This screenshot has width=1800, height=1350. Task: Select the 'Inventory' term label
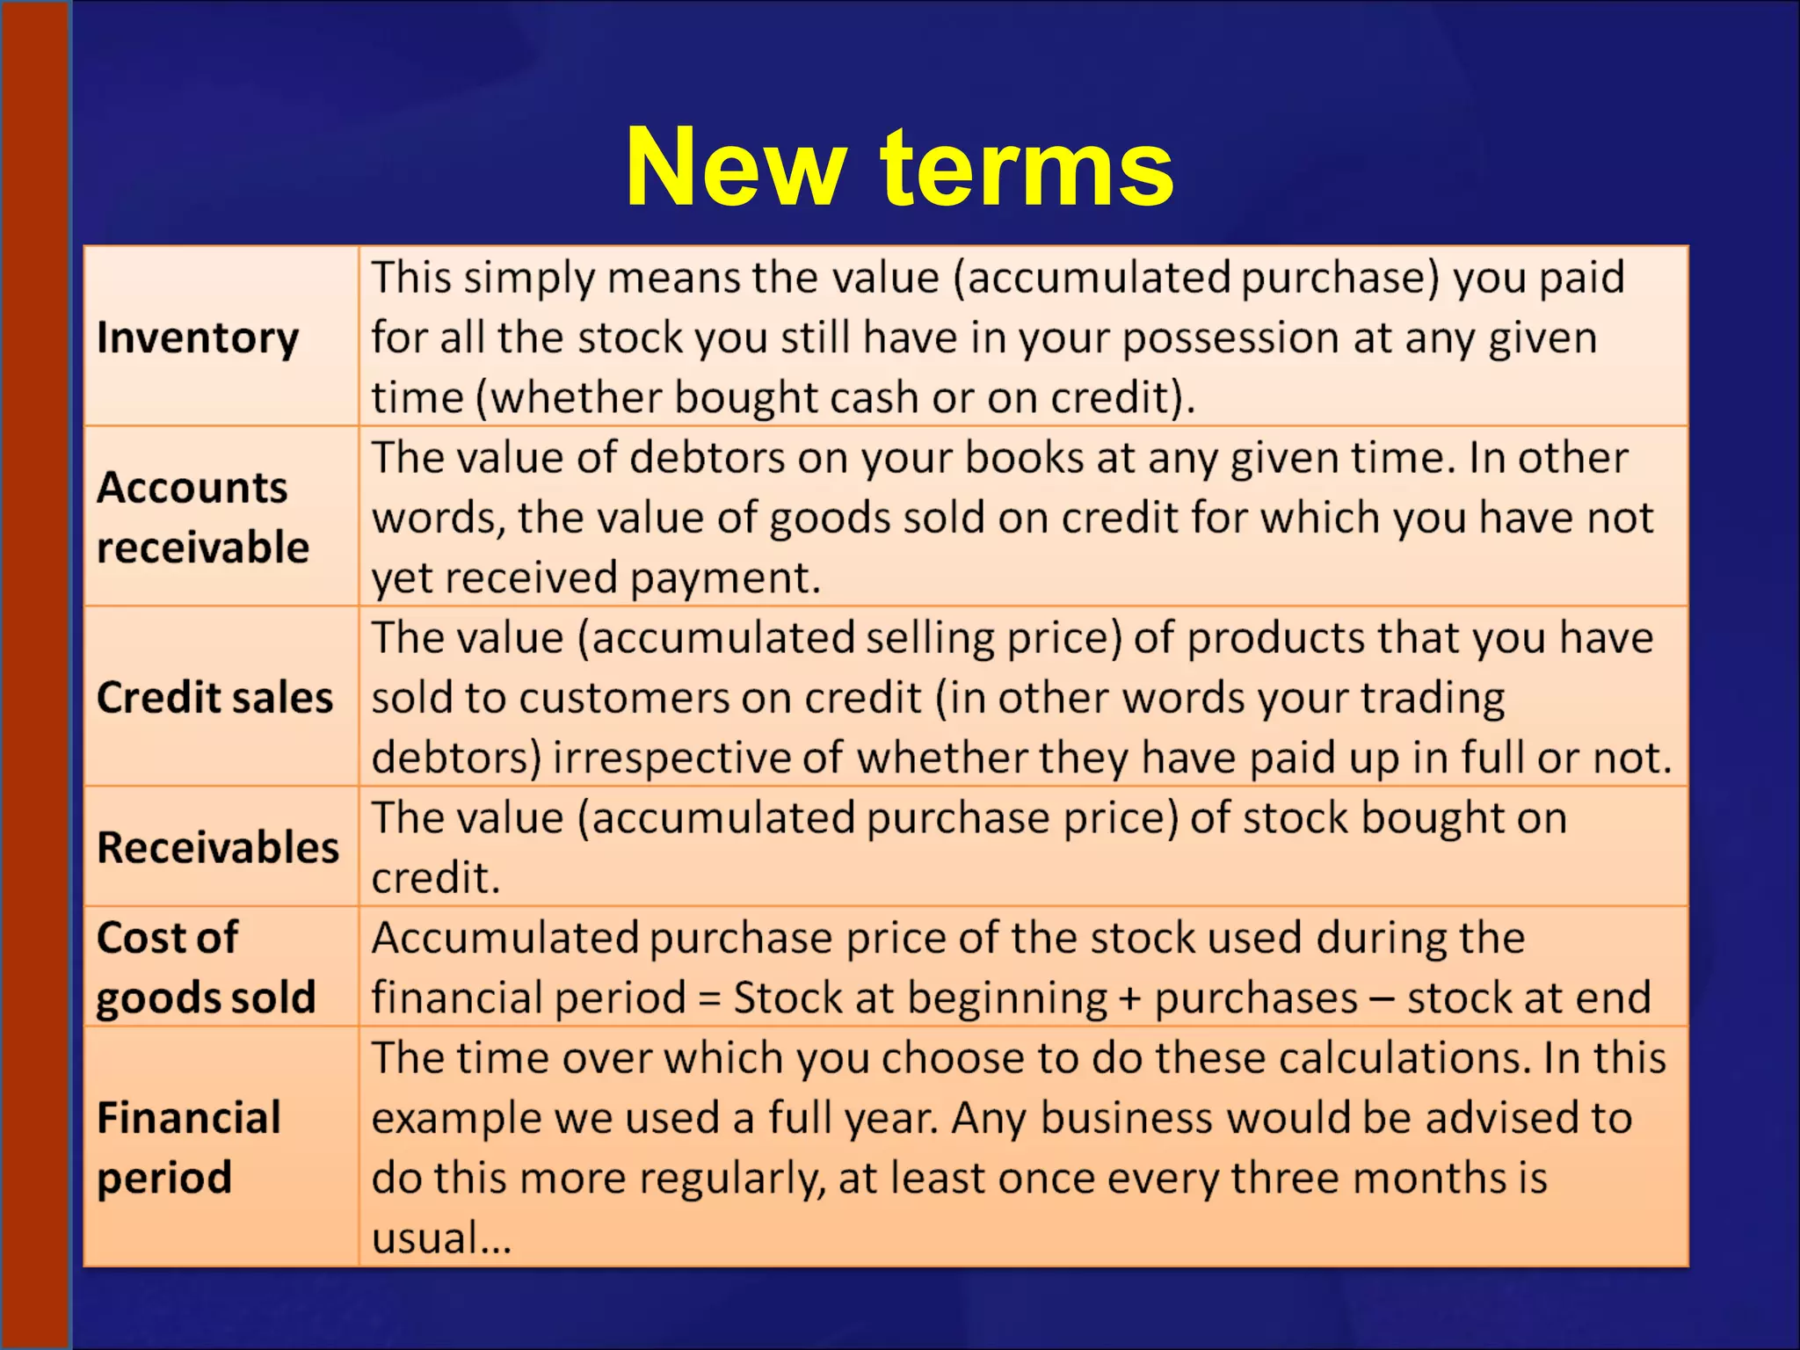[x=198, y=338]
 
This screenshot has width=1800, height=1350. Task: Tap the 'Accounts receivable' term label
[x=202, y=517]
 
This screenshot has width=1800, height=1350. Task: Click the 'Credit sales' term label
[x=214, y=698]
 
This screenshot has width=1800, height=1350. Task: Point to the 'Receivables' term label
[x=218, y=848]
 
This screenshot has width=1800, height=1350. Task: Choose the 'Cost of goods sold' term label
[x=206, y=968]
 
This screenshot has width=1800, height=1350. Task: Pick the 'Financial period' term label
[x=188, y=1147]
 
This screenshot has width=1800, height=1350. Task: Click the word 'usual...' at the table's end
[x=441, y=1238]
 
